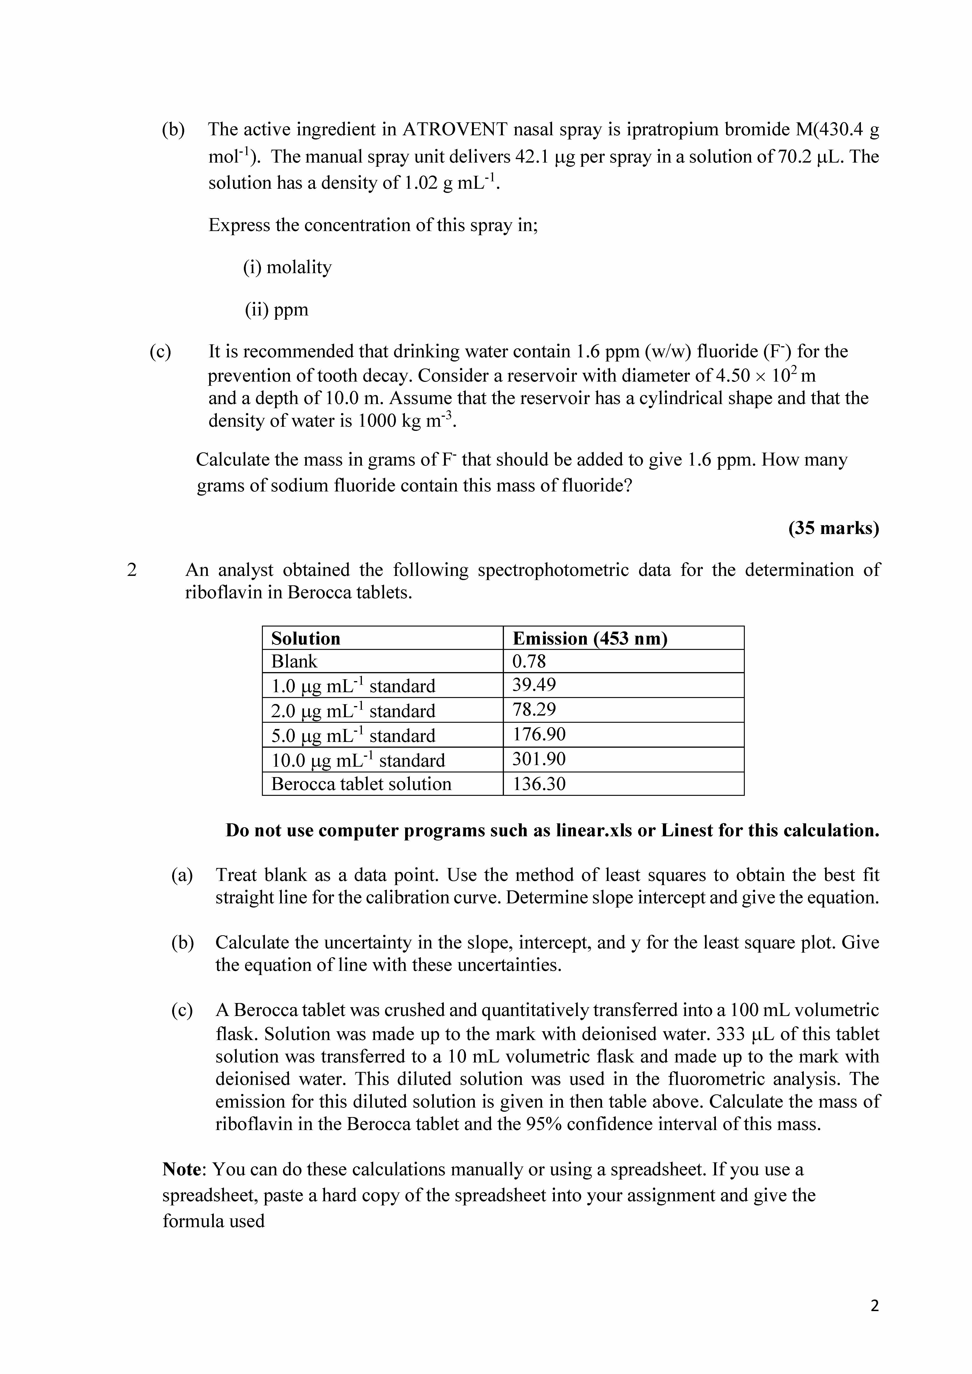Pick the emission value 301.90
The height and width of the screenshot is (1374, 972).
point(539,760)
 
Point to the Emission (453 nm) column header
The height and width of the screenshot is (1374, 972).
point(590,639)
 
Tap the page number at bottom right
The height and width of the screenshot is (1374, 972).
point(874,1306)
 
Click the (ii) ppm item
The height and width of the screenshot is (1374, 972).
point(276,309)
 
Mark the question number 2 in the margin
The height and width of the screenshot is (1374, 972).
point(132,570)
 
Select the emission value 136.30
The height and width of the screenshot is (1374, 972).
point(539,784)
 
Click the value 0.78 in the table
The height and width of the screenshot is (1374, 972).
point(529,661)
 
